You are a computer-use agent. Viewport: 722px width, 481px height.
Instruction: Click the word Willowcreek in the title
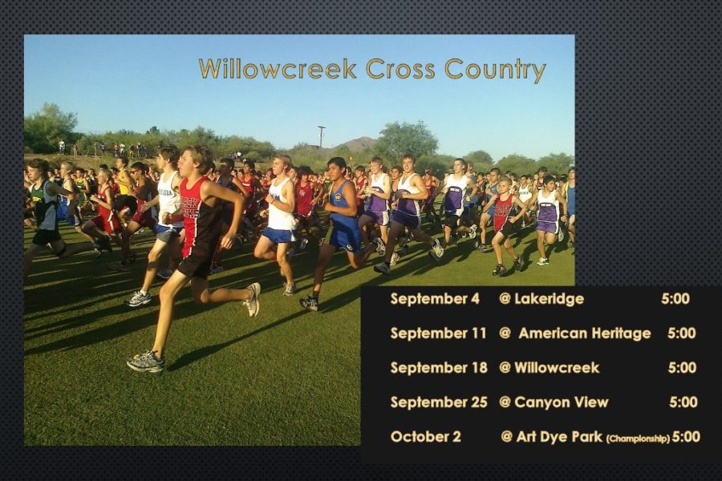point(278,69)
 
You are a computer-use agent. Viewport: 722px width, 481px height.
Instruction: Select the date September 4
point(435,299)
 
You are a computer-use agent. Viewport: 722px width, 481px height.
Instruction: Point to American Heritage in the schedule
point(585,333)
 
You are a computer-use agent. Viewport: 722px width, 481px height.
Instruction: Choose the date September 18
point(439,368)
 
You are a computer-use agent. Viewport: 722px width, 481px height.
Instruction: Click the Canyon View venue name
point(562,402)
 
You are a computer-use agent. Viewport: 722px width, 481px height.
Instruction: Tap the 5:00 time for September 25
point(683,402)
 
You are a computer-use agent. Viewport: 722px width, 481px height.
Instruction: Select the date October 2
point(425,437)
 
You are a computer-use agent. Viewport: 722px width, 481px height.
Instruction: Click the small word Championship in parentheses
point(638,439)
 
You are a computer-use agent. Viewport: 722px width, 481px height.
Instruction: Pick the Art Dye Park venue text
point(559,437)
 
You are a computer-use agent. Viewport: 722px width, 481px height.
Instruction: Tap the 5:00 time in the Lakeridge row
point(675,299)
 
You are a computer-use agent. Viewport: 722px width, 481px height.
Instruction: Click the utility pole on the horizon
point(322,137)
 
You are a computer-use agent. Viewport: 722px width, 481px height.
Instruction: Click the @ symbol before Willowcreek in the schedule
point(505,368)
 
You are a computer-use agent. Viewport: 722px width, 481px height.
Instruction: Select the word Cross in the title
point(400,69)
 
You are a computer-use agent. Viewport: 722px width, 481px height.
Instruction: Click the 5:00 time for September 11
point(681,333)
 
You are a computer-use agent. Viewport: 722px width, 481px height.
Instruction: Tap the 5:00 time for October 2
point(686,437)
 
